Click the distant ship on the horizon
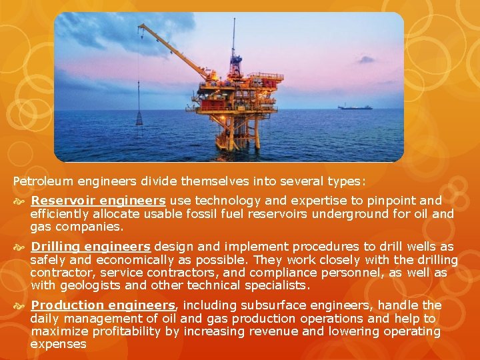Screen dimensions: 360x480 click(x=355, y=107)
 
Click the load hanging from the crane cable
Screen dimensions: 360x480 click(x=139, y=118)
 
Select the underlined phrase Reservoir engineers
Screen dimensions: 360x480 click(x=98, y=201)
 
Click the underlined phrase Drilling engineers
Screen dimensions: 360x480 click(x=91, y=247)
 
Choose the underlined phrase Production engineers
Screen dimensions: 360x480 click(x=103, y=305)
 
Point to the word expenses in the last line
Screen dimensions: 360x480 click(x=58, y=345)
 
